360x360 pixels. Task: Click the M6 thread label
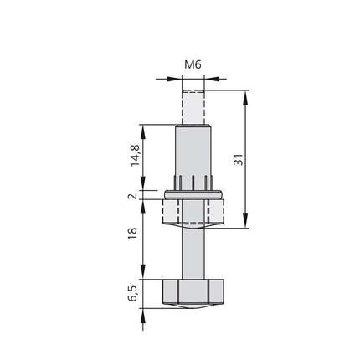pyautogui.click(x=192, y=62)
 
